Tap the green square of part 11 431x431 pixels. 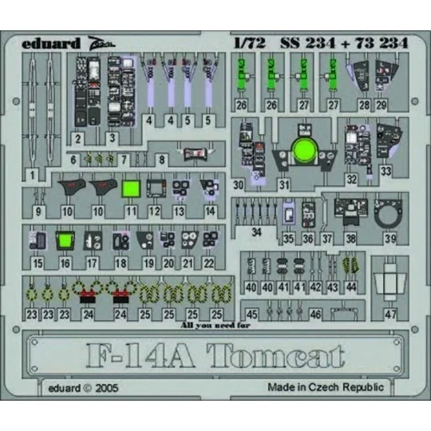pyautogui.click(x=131, y=189)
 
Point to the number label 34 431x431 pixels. pyautogui.click(x=255, y=231)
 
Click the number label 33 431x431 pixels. pyautogui.click(x=386, y=170)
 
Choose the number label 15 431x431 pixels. pyautogui.click(x=38, y=263)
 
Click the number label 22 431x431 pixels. pyautogui.click(x=208, y=263)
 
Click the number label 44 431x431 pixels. pyautogui.click(x=350, y=287)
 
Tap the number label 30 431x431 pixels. pyautogui.click(x=238, y=185)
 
